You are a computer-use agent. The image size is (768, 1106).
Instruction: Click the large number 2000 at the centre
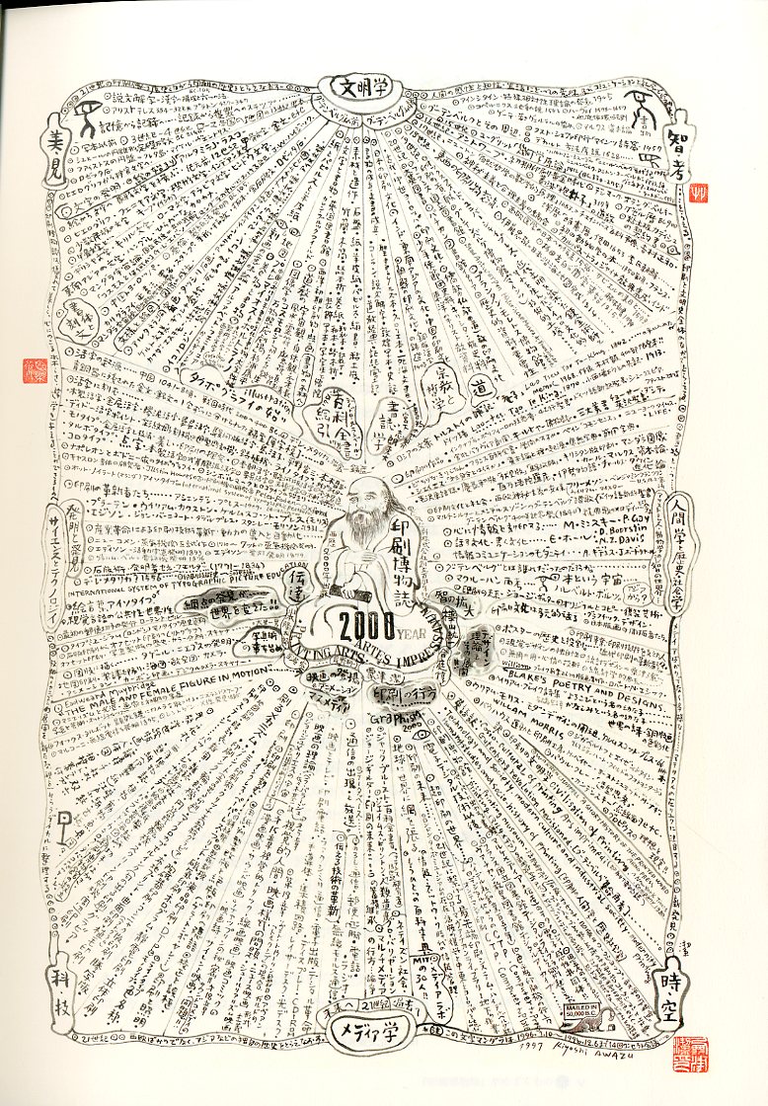(367, 624)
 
